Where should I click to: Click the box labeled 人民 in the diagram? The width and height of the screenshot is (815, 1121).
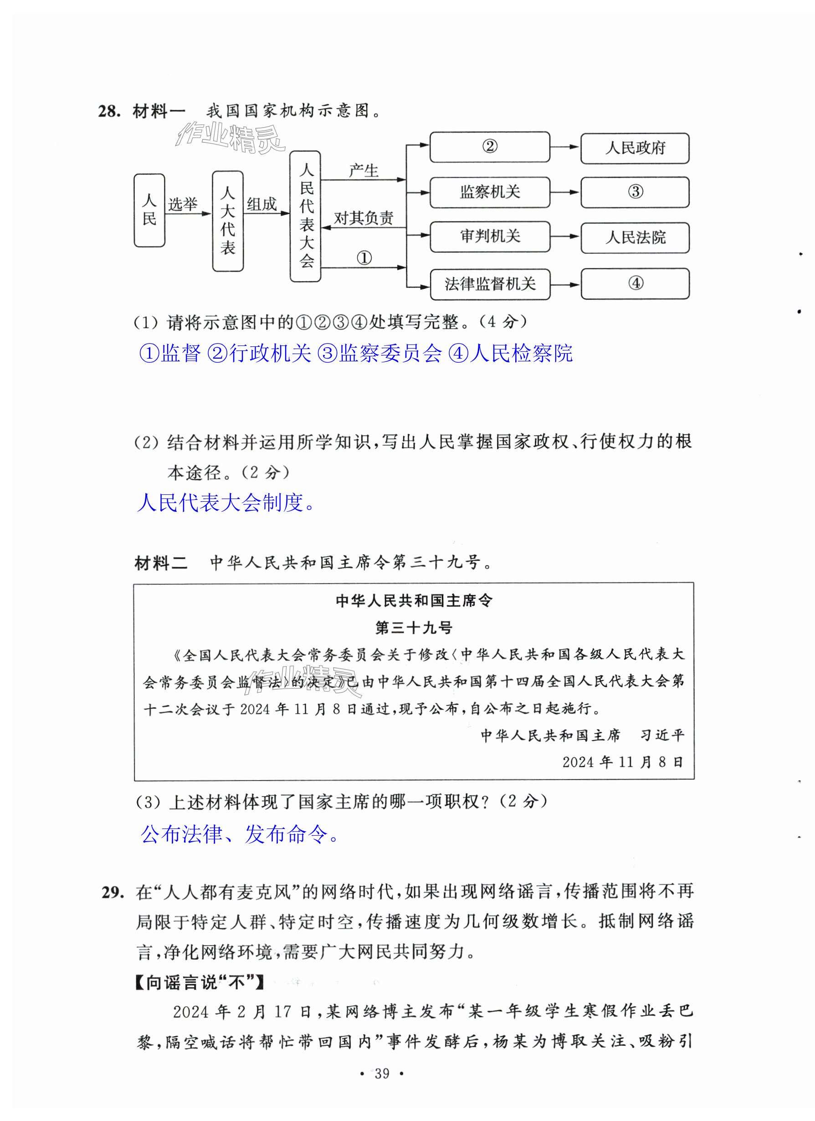(149, 211)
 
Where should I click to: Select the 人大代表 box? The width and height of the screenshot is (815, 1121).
(227, 221)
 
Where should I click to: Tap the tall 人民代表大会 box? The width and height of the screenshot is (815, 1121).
(305, 216)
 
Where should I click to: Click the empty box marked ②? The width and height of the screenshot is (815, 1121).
(489, 147)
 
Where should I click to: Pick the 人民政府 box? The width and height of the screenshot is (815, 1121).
(635, 148)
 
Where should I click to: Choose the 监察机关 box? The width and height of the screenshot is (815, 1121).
(489, 192)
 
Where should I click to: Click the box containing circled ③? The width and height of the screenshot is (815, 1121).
(635, 192)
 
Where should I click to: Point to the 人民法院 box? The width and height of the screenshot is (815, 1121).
(635, 238)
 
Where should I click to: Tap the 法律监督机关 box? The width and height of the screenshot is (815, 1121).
(489, 284)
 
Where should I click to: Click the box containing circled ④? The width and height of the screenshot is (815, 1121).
(635, 284)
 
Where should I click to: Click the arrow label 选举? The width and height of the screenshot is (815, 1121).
(182, 204)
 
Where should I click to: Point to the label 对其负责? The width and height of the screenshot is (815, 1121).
(363, 218)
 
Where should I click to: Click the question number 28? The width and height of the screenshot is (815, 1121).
(109, 111)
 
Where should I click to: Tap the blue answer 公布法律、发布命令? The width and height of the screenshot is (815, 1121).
(239, 835)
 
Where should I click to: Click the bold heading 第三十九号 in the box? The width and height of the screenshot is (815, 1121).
(413, 628)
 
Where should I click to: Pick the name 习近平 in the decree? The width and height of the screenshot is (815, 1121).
(662, 735)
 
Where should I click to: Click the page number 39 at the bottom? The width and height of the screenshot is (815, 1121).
(382, 1073)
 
